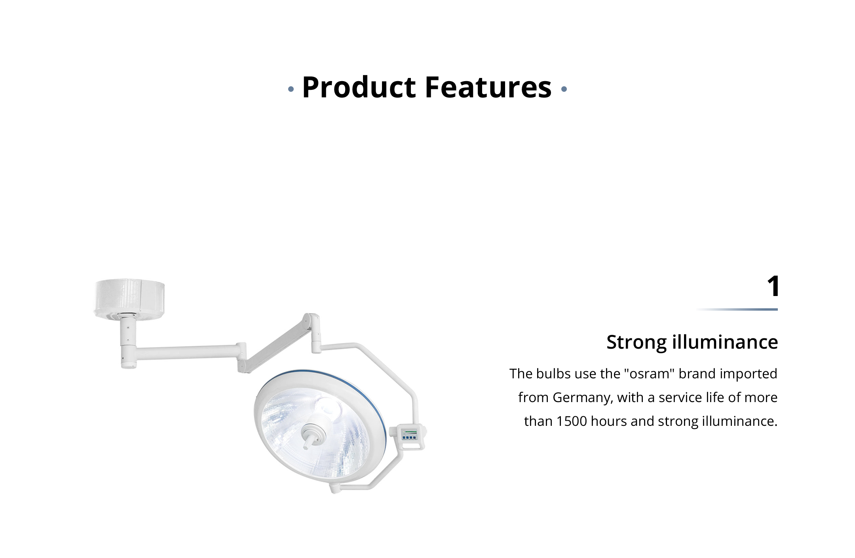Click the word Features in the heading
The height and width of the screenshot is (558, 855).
tap(488, 87)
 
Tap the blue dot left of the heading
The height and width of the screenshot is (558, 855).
tap(291, 89)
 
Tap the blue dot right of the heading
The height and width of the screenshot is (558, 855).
tap(564, 89)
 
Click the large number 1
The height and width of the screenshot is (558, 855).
tap(773, 286)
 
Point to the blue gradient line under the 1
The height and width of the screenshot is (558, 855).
tap(737, 309)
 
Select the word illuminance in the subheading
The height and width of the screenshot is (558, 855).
tap(725, 342)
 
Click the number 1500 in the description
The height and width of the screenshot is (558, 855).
tap(572, 421)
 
